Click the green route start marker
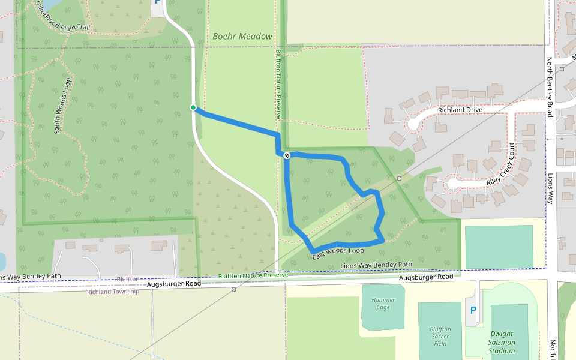(193, 107)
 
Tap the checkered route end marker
(287, 155)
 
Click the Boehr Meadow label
(242, 37)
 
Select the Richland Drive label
(460, 110)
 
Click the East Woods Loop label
(338, 254)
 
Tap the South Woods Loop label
(64, 105)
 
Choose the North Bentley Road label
(550, 87)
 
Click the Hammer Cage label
(383, 304)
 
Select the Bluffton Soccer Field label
(440, 336)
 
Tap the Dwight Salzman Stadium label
(502, 343)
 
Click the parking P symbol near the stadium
(473, 311)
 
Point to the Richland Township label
(113, 292)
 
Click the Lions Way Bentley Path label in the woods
(376, 265)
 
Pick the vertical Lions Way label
(550, 189)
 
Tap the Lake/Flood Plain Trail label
(62, 16)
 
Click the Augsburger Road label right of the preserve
(426, 277)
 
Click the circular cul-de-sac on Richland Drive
(413, 124)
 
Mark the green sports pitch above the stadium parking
(499, 246)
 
